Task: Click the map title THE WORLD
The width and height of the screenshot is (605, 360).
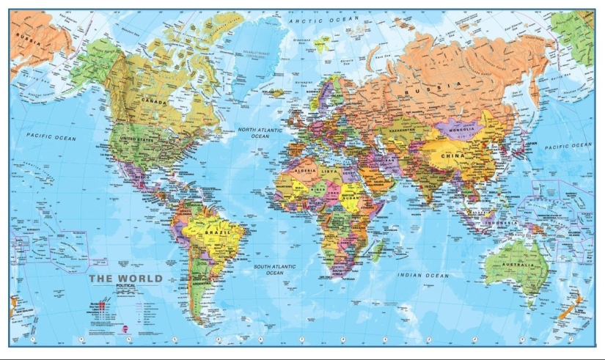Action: point(125,279)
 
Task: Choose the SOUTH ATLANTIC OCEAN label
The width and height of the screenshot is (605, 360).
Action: point(274,269)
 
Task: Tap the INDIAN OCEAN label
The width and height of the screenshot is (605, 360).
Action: point(423,276)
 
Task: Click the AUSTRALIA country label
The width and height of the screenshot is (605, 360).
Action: point(520,260)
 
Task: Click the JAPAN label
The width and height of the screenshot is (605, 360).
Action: point(532,144)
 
